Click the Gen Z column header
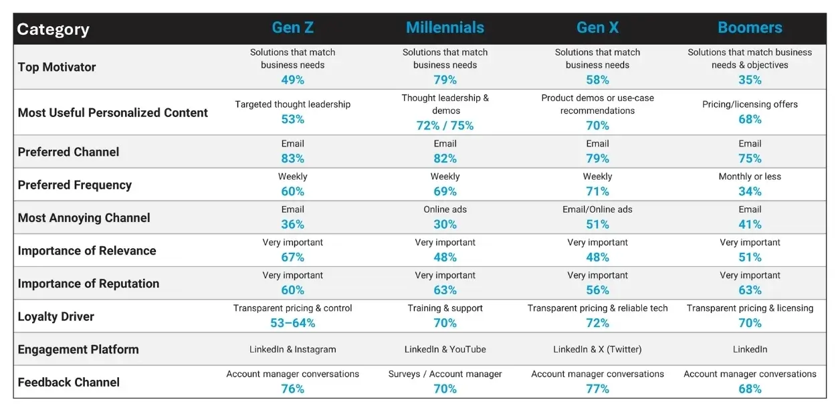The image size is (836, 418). click(x=292, y=28)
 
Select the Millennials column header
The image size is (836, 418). click(x=445, y=28)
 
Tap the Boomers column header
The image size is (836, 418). click(x=750, y=28)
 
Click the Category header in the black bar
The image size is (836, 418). click(x=53, y=29)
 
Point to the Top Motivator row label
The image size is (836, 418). click(x=57, y=67)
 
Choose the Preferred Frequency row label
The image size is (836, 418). click(x=75, y=185)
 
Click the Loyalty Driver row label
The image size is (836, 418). click(x=56, y=317)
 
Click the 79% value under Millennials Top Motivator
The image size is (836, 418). click(x=445, y=80)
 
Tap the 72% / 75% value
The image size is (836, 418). click(x=445, y=126)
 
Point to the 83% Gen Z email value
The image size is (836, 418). click(x=292, y=159)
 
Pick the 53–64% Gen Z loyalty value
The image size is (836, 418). click(x=292, y=324)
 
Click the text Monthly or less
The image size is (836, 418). click(x=750, y=177)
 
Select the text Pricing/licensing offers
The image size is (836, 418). click(x=750, y=104)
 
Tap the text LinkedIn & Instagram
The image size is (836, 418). click(x=292, y=349)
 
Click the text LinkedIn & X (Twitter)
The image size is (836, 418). click(x=597, y=349)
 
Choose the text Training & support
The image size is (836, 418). click(x=445, y=308)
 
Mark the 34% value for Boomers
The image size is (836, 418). click(x=750, y=192)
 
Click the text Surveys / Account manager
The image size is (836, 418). click(x=445, y=374)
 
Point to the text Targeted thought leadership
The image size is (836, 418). click(x=292, y=104)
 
